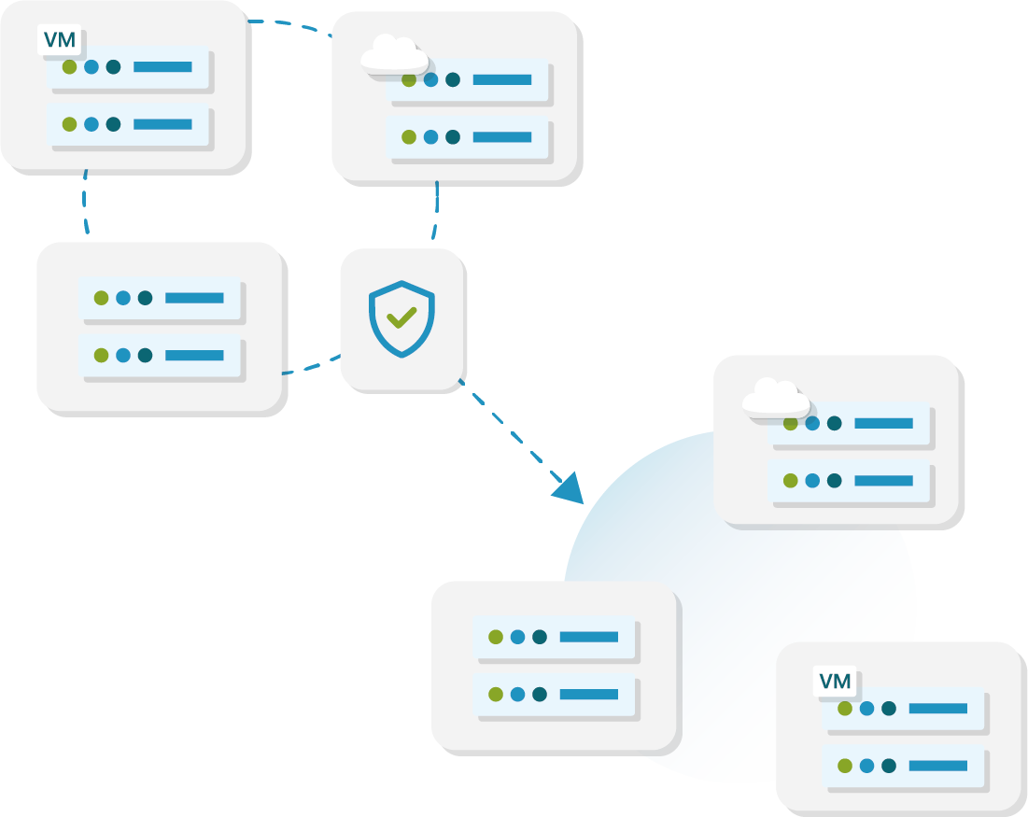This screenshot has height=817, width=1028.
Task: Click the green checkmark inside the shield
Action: (401, 318)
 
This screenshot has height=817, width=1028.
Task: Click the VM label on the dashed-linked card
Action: (60, 41)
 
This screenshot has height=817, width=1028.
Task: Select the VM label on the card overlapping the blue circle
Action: (835, 682)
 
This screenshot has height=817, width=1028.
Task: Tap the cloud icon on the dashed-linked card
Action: (394, 55)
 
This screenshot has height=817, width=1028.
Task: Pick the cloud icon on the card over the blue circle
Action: (775, 399)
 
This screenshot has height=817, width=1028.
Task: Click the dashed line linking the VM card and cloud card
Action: (289, 23)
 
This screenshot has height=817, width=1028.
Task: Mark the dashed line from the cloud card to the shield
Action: (436, 210)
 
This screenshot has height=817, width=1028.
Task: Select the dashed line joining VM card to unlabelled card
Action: (84, 201)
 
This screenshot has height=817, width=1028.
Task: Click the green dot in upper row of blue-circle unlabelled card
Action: (496, 637)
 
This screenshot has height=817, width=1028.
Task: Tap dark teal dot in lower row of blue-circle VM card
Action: (889, 766)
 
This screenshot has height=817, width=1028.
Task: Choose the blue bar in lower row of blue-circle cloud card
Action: (883, 481)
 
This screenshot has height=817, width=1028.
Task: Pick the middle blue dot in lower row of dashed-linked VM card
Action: (92, 124)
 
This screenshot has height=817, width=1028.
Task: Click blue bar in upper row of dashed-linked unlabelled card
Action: (194, 298)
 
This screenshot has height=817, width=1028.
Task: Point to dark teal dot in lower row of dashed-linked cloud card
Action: (453, 137)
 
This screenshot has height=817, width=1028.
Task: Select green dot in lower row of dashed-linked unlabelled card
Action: (101, 355)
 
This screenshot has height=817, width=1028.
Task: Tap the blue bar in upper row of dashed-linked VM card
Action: (162, 67)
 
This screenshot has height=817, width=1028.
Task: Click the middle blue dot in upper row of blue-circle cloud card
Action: (812, 423)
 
